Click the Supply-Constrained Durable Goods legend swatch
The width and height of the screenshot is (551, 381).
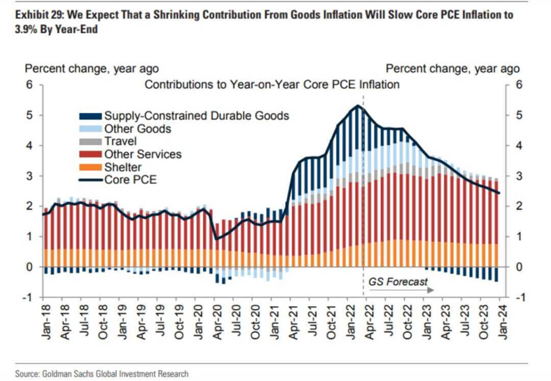click(x=89, y=116)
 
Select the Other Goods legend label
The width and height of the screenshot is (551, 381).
click(x=137, y=128)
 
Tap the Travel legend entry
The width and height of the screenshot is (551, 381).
click(x=121, y=141)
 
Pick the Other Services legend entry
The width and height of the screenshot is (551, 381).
click(x=143, y=154)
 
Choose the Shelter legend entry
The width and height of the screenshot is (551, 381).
click(x=123, y=167)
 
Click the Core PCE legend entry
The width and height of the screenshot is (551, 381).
click(x=130, y=180)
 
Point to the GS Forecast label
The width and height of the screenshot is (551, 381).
click(x=398, y=282)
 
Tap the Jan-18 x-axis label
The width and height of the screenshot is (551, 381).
click(x=45, y=321)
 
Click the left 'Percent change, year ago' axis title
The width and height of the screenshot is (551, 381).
click(x=92, y=68)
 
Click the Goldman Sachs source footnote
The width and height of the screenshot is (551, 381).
click(x=102, y=373)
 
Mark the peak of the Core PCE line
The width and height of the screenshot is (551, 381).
click(x=358, y=105)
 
